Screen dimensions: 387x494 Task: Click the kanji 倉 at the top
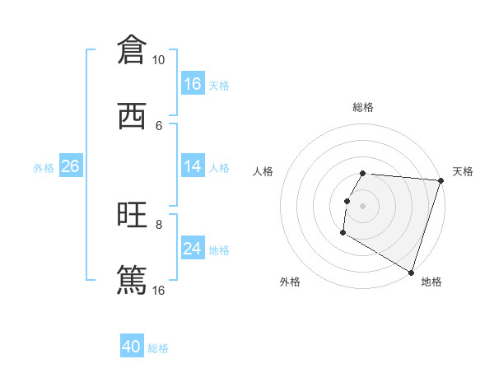click(x=132, y=50)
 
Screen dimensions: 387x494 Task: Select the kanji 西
click(x=132, y=116)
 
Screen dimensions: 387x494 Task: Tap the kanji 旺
click(x=132, y=215)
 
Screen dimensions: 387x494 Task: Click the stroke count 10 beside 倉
click(x=159, y=60)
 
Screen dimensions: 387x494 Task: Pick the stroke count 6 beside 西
click(x=159, y=125)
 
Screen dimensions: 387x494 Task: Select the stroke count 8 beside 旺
click(x=159, y=224)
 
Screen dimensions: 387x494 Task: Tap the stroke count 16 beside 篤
click(x=159, y=290)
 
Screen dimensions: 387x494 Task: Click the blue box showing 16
click(x=193, y=84)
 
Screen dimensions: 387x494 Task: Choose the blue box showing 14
click(x=193, y=166)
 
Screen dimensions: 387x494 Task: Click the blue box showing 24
click(x=193, y=249)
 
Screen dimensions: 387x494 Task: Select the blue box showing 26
click(x=70, y=166)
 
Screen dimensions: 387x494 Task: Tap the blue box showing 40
click(x=132, y=347)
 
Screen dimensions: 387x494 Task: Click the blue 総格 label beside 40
click(x=159, y=348)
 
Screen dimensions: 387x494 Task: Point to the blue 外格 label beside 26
click(x=44, y=168)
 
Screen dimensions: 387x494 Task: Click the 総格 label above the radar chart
click(x=363, y=107)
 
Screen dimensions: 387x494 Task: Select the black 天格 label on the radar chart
click(x=463, y=171)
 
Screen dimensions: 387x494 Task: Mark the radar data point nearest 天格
click(x=440, y=180)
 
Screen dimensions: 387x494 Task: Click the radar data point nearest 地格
click(x=411, y=273)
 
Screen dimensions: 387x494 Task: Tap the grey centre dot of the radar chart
click(x=363, y=205)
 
